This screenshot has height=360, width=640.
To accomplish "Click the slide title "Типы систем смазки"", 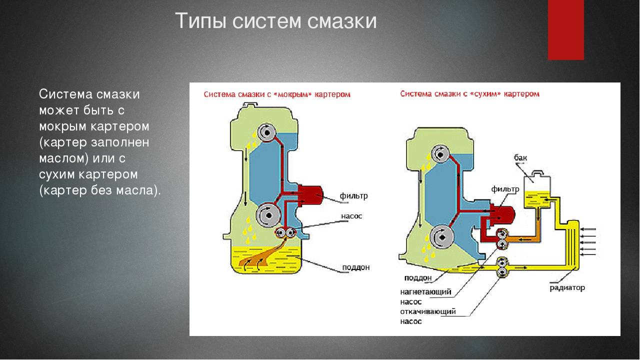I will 275,21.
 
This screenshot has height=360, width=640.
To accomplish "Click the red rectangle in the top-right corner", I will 565,29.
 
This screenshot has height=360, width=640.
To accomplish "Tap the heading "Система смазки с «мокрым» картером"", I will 276,94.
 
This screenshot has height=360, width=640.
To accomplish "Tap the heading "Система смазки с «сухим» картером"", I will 469,93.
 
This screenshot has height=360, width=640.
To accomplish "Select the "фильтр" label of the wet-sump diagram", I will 353,196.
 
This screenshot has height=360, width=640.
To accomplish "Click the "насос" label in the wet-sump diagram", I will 351,216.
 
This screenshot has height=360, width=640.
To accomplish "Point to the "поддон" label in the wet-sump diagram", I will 355,267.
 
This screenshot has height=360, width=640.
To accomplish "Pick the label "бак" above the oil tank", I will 520,158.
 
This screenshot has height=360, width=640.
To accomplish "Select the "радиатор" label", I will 567,288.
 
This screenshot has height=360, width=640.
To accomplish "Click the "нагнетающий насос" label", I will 425,296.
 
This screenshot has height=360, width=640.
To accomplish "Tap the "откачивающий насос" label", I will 427,316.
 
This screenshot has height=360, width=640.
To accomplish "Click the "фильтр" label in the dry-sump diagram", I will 505,189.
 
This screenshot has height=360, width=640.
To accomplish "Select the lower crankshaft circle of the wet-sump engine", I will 268,215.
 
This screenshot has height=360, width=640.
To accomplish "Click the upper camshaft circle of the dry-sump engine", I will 440,154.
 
